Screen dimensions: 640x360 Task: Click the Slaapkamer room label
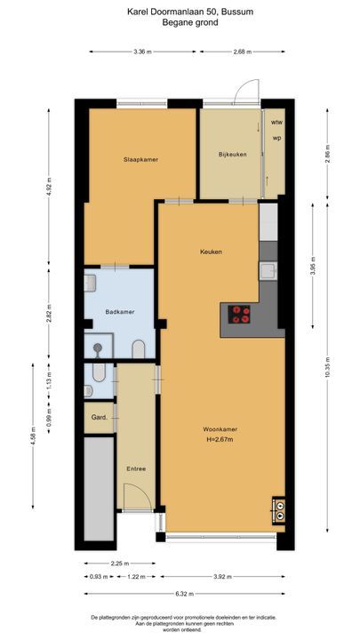click(140, 159)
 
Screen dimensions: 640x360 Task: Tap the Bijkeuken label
click(231, 155)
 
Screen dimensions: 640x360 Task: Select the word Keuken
click(210, 252)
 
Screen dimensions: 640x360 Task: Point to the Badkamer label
click(118, 311)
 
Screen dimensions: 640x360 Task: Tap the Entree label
click(136, 468)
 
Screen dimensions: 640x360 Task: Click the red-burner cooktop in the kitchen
click(239, 314)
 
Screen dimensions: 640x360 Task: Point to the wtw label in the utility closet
click(276, 122)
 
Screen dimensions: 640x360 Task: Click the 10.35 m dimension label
click(328, 373)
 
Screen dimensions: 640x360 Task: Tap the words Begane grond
click(180, 23)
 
